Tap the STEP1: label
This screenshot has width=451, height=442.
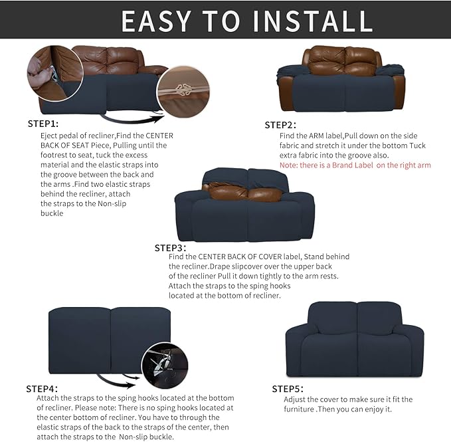pos(43,124)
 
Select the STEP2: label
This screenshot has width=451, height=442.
pos(280,125)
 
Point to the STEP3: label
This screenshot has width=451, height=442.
pos(171,247)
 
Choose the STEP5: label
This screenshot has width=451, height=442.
pos(288,388)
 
